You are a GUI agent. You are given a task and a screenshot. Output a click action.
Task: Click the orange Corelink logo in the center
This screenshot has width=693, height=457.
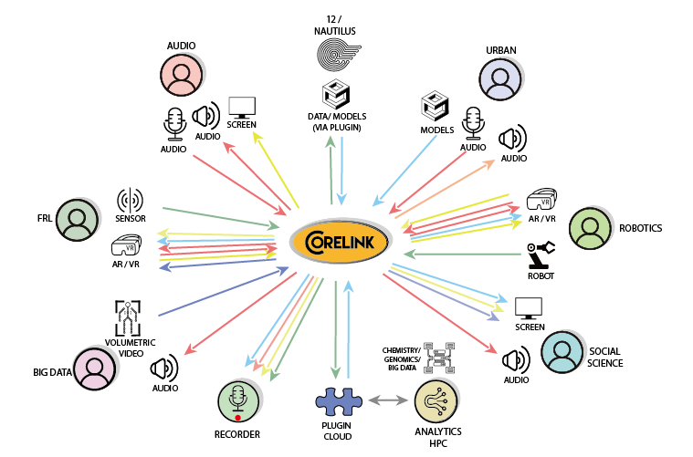(x=341, y=244)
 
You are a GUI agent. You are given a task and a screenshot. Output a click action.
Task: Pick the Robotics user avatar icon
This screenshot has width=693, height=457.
(x=589, y=228)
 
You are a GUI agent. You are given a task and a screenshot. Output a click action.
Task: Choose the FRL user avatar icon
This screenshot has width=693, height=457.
(x=77, y=221)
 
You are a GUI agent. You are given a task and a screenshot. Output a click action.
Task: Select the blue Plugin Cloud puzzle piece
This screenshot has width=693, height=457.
(x=340, y=401)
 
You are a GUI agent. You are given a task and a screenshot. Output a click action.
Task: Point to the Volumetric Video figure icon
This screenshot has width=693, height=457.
(x=131, y=317)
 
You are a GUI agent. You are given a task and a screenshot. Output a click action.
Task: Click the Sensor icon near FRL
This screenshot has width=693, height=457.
(x=131, y=200)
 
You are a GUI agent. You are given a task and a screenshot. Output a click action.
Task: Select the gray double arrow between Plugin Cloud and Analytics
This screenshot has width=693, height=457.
(x=387, y=400)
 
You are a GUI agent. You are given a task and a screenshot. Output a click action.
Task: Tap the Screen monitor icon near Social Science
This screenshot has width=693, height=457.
(x=529, y=308)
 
